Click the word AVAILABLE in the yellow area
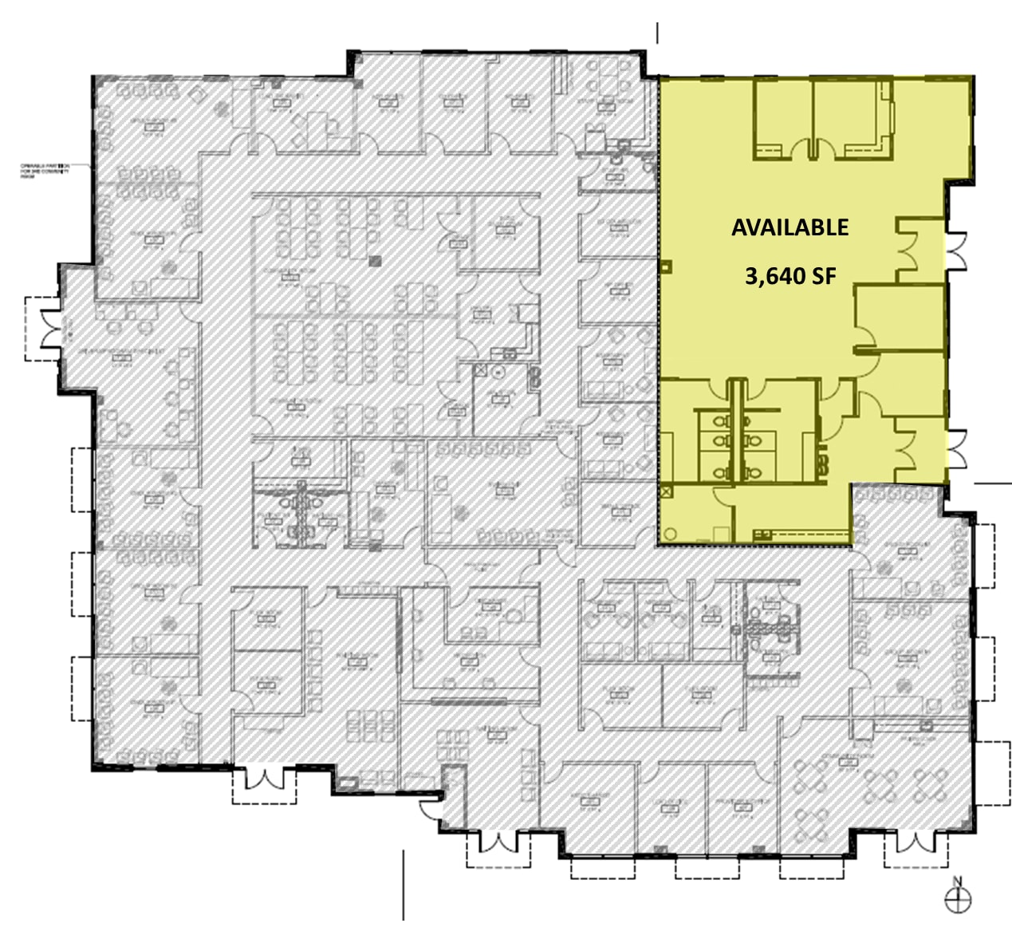click(790, 227)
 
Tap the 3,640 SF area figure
click(790, 276)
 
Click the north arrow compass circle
click(958, 900)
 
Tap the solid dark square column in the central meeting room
click(376, 259)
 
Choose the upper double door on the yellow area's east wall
click(955, 247)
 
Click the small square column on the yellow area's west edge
click(665, 268)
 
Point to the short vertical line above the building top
click(657, 33)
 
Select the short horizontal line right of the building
click(992, 483)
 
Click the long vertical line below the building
click(404, 885)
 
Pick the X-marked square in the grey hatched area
click(481, 370)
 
